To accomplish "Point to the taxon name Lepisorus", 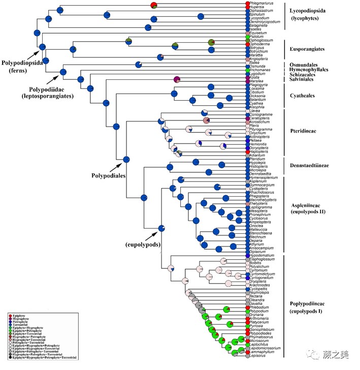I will [x=259, y=355].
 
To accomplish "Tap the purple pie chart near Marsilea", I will [x=177, y=79].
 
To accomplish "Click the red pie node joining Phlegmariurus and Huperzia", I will [x=154, y=5].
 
